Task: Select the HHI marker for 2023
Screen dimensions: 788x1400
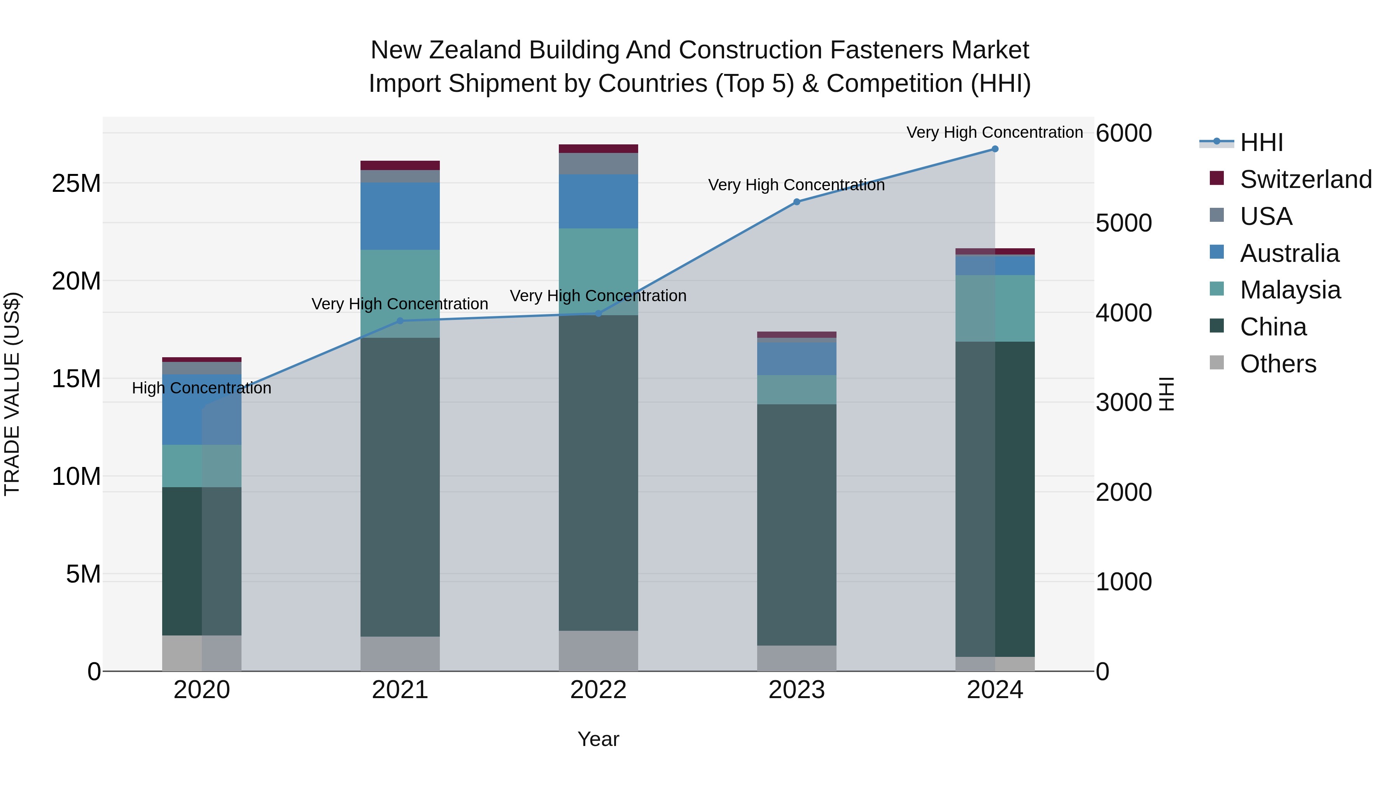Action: pyautogui.click(x=797, y=202)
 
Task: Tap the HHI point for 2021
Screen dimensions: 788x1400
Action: pyautogui.click(x=400, y=321)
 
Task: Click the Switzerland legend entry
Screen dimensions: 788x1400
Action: pyautogui.click(x=1305, y=179)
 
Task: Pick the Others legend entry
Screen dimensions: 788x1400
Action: pyautogui.click(x=1278, y=364)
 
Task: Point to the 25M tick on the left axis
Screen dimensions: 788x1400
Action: pyautogui.click(x=76, y=184)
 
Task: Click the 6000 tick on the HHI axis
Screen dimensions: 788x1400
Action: pyautogui.click(x=1123, y=133)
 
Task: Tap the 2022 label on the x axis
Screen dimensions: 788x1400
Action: pyautogui.click(x=598, y=690)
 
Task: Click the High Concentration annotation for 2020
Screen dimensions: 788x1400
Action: pyautogui.click(x=201, y=388)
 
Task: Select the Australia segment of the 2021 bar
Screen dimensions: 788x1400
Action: pyautogui.click(x=400, y=216)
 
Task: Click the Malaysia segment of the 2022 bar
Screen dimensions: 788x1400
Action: pyautogui.click(x=598, y=272)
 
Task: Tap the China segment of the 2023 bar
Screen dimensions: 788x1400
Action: pyautogui.click(x=797, y=525)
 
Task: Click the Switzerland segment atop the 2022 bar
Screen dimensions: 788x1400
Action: pyautogui.click(x=598, y=149)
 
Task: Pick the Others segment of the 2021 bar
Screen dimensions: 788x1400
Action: pyautogui.click(x=400, y=654)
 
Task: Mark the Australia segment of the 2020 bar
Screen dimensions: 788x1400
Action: pyautogui.click(x=201, y=409)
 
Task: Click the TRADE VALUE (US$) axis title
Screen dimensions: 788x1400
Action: pyautogui.click(x=12, y=394)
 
